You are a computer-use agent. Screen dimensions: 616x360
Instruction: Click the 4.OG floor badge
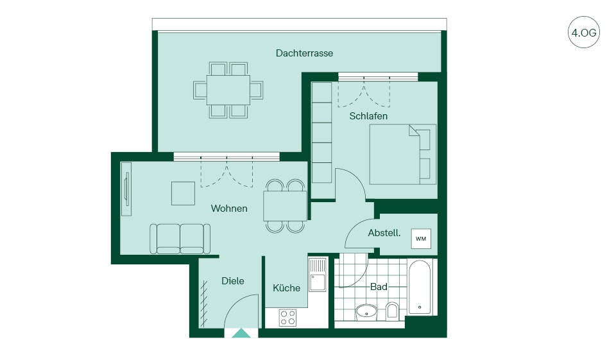pyautogui.click(x=584, y=32)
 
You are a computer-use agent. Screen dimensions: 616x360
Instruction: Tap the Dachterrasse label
pyautogui.click(x=304, y=53)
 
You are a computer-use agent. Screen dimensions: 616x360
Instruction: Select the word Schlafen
pyautogui.click(x=368, y=116)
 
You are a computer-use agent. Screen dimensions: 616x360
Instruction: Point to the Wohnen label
pyautogui.click(x=229, y=209)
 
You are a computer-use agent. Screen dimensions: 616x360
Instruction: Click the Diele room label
pyautogui.click(x=233, y=281)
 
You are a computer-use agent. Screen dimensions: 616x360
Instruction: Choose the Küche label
pyautogui.click(x=286, y=287)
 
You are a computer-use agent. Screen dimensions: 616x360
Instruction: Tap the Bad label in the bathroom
pyautogui.click(x=379, y=286)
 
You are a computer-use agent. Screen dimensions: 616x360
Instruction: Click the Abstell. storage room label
pyautogui.click(x=384, y=233)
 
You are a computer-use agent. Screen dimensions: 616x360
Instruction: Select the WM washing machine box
pyautogui.click(x=421, y=239)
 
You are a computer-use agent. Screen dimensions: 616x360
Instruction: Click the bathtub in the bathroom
pyautogui.click(x=420, y=287)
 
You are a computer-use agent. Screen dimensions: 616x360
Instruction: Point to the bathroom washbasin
pyautogui.click(x=366, y=312)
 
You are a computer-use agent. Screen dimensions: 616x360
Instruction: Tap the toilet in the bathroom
pyautogui.click(x=392, y=310)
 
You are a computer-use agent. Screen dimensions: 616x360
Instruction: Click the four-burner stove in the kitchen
pyautogui.click(x=287, y=318)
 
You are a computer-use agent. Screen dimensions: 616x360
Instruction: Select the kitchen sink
pyautogui.click(x=318, y=274)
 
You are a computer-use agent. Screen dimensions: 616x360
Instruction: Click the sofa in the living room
pyautogui.click(x=180, y=239)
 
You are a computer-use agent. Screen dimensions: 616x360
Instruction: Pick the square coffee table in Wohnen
pyautogui.click(x=183, y=193)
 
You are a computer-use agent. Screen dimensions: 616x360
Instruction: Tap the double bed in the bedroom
pyautogui.click(x=403, y=155)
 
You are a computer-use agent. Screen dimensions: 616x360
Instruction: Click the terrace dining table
pyautogui.click(x=228, y=90)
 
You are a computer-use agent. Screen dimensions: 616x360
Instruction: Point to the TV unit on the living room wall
pyautogui.click(x=126, y=189)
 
